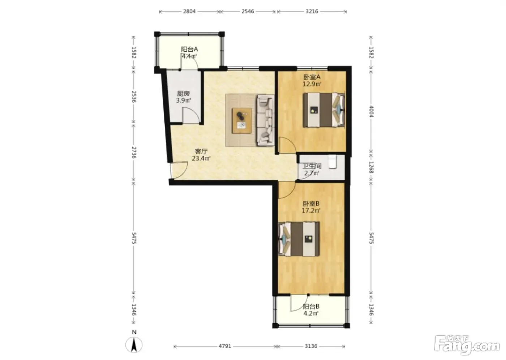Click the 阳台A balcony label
(189, 49)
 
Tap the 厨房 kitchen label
(183, 94)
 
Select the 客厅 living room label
(201, 151)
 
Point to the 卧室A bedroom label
(312, 77)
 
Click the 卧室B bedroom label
(311, 204)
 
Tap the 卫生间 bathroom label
(312, 167)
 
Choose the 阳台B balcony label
(311, 307)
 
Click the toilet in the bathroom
(333, 162)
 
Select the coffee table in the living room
(242, 121)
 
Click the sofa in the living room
(265, 120)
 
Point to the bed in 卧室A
(324, 110)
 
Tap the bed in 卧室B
(299, 239)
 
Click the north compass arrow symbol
(134, 345)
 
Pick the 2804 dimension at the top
(189, 11)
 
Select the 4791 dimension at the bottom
(225, 346)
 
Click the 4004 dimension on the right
(371, 111)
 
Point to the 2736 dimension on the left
(134, 153)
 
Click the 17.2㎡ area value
(311, 211)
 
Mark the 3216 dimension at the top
(312, 11)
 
